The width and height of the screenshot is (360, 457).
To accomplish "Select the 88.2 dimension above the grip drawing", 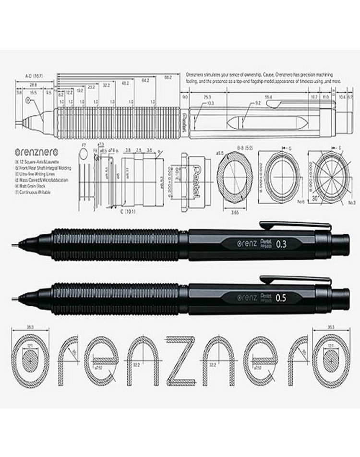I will click(168, 76).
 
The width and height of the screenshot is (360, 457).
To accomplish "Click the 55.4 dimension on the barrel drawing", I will click(268, 97).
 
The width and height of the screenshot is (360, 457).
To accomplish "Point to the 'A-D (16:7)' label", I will click(34, 76).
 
